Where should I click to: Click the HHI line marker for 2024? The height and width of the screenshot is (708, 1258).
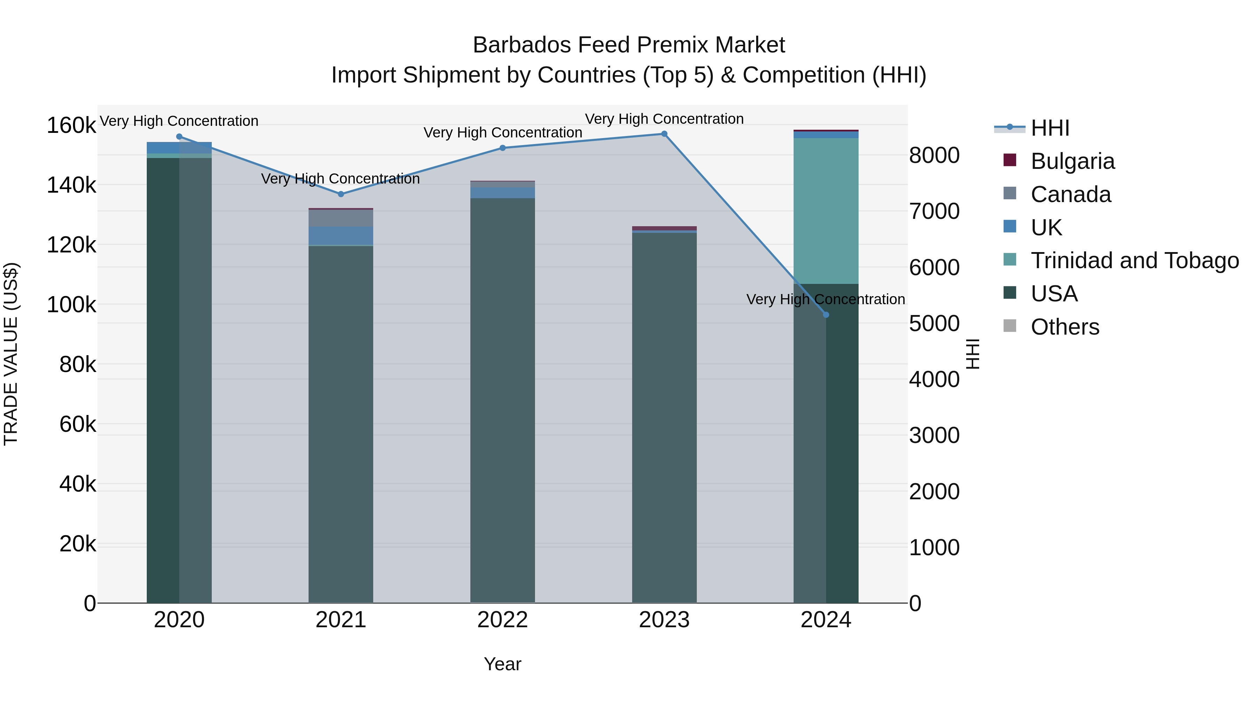click(826, 315)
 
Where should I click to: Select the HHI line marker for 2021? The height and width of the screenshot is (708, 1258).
click(341, 194)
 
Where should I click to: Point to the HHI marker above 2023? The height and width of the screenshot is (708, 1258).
click(664, 134)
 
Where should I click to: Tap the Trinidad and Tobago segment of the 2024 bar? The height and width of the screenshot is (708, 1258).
click(826, 210)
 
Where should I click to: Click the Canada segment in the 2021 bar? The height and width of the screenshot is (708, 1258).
click(341, 218)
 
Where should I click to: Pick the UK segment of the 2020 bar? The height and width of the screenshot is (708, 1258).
click(179, 148)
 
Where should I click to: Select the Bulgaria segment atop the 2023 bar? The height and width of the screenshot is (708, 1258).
click(664, 228)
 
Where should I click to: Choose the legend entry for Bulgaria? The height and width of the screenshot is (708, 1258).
click(1072, 161)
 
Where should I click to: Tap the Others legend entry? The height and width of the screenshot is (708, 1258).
click(1065, 327)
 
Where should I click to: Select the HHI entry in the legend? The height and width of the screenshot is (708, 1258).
click(1050, 128)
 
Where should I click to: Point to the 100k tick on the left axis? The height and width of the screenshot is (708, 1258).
click(71, 305)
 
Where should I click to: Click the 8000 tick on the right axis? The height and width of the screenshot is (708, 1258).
click(934, 155)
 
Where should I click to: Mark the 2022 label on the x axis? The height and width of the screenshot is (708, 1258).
click(503, 620)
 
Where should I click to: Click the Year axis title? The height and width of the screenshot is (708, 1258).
click(503, 664)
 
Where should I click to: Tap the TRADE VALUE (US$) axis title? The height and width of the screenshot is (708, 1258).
click(11, 354)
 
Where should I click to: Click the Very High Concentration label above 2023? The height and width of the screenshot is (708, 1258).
click(664, 119)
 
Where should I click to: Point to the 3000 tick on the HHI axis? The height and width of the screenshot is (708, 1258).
click(934, 435)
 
